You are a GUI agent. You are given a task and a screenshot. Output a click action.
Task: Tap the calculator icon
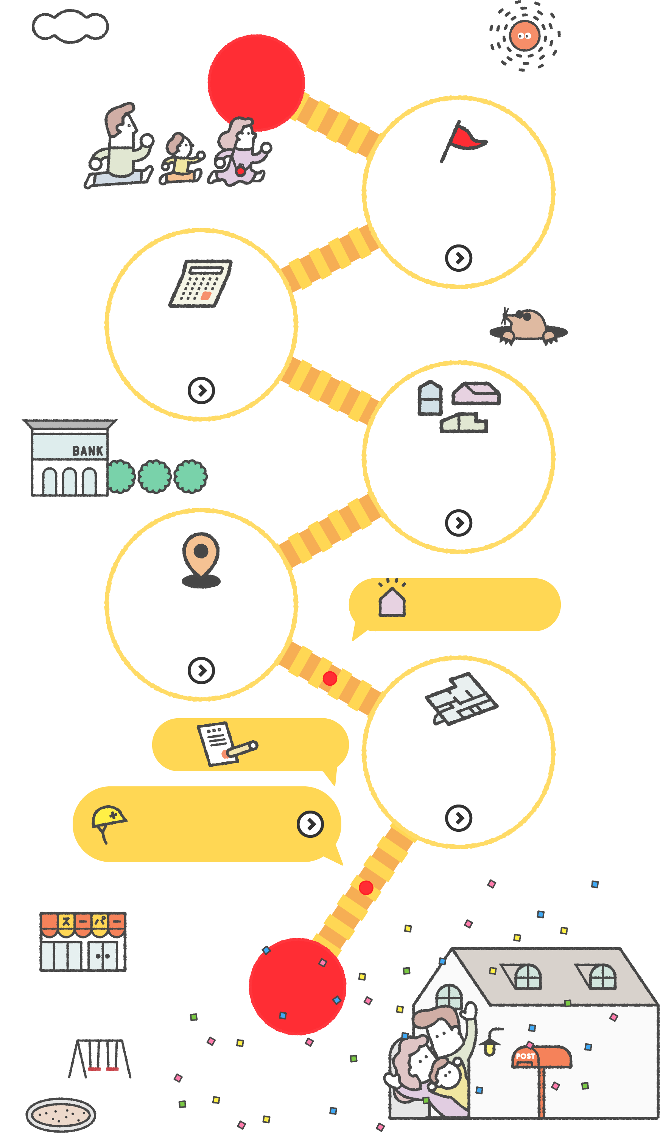(201, 284)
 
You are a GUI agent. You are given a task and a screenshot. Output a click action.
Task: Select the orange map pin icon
(201, 557)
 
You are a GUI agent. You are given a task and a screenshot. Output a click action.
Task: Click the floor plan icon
(461, 699)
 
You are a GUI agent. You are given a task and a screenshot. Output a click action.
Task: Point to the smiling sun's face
(524, 36)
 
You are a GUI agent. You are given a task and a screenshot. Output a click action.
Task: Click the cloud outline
(70, 26)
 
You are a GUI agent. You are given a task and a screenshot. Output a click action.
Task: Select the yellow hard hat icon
(109, 818)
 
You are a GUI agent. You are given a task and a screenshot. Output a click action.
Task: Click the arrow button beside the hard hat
(310, 824)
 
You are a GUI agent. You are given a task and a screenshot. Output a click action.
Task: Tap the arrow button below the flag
(459, 258)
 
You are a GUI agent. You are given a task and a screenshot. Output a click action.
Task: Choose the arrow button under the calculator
(201, 390)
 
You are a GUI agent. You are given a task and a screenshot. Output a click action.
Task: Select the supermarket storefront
(83, 942)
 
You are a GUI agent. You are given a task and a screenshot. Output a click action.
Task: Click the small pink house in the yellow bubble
(392, 601)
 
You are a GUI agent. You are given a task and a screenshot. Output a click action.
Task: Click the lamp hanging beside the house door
(490, 1043)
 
